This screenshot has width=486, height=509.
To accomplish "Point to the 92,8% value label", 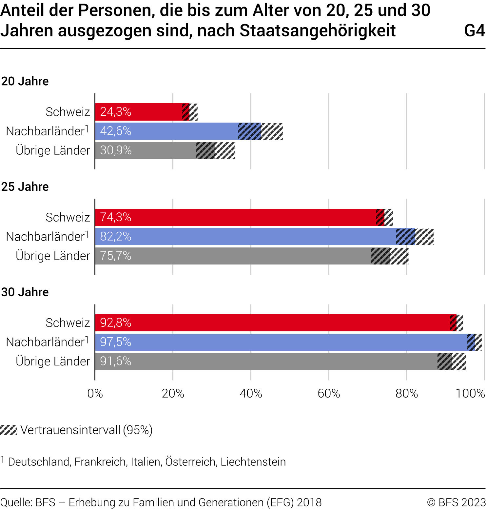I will point(116,323).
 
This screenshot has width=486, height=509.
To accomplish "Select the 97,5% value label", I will point(116,342).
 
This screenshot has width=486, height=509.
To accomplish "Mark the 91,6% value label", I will point(116,361).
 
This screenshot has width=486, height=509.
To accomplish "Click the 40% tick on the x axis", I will point(251,393).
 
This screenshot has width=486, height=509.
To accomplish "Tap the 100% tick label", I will point(470,393).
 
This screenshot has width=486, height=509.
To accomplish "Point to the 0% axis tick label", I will point(95,393).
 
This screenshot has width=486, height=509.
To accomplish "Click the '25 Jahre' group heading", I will point(25,187).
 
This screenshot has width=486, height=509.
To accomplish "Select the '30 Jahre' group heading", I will point(25,292).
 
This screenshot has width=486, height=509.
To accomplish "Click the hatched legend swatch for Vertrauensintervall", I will point(9,430).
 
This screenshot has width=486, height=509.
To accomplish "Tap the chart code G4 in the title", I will point(474,31).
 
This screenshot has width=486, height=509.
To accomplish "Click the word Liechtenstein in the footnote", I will point(253,462).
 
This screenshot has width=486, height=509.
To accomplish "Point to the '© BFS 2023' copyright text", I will point(456,502).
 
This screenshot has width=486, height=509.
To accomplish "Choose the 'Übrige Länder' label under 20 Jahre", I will point(53,150).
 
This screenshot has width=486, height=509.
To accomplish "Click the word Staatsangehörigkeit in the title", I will point(318,31).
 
